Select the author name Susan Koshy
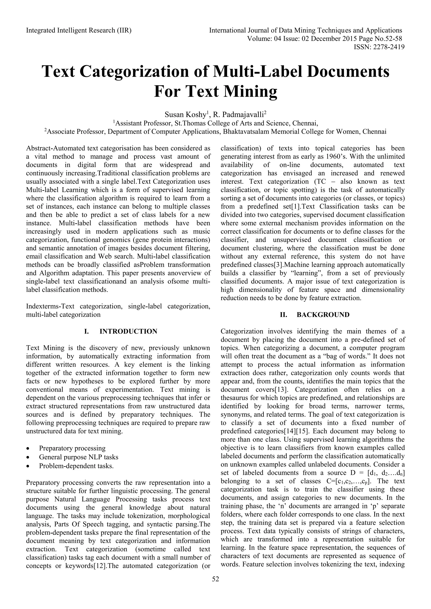185,115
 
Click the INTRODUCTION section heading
128,331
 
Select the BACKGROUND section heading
323,315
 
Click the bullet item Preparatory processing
72,448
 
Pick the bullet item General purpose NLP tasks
78,457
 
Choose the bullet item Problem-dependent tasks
76,466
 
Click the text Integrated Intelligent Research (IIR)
79,30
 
